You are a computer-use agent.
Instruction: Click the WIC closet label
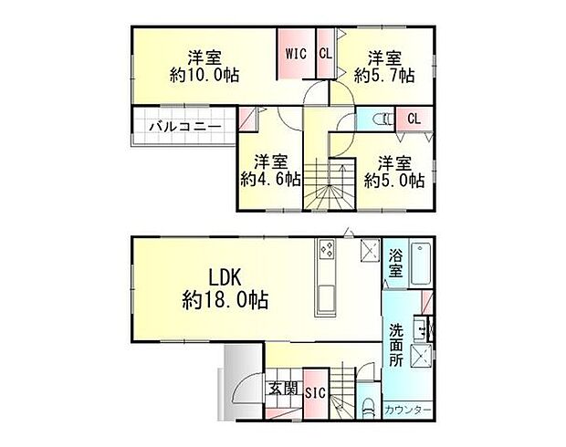[296, 53]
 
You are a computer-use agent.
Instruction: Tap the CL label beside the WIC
[325, 53]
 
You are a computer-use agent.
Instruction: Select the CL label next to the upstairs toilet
[414, 119]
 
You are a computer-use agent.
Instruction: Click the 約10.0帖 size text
[204, 76]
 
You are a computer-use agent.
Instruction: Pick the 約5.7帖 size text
[384, 76]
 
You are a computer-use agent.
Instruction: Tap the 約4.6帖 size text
[271, 180]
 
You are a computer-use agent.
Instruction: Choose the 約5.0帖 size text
[394, 180]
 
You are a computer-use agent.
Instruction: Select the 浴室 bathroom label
[397, 265]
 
